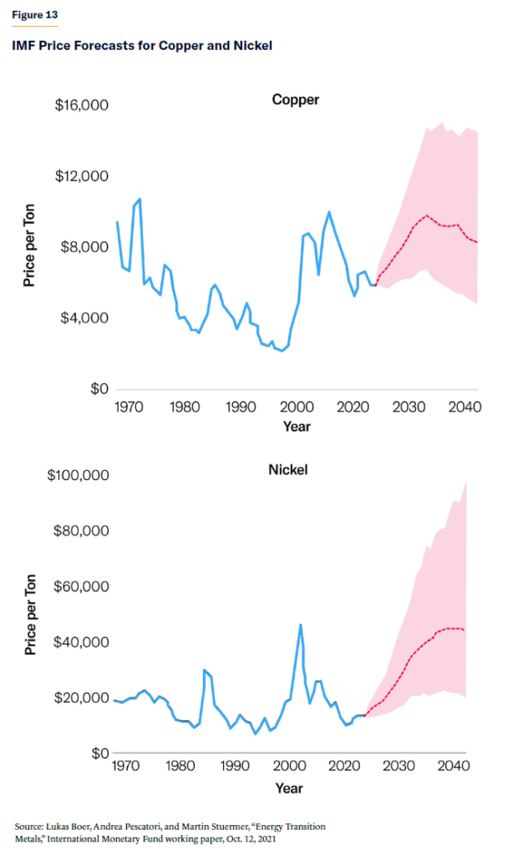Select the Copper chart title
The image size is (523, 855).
pyautogui.click(x=296, y=100)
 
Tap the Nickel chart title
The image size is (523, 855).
pyautogui.click(x=288, y=469)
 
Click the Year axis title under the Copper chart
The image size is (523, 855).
pyautogui.click(x=296, y=427)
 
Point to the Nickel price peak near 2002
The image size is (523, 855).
pyautogui.click(x=301, y=625)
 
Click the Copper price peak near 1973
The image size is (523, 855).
pyautogui.click(x=140, y=199)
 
